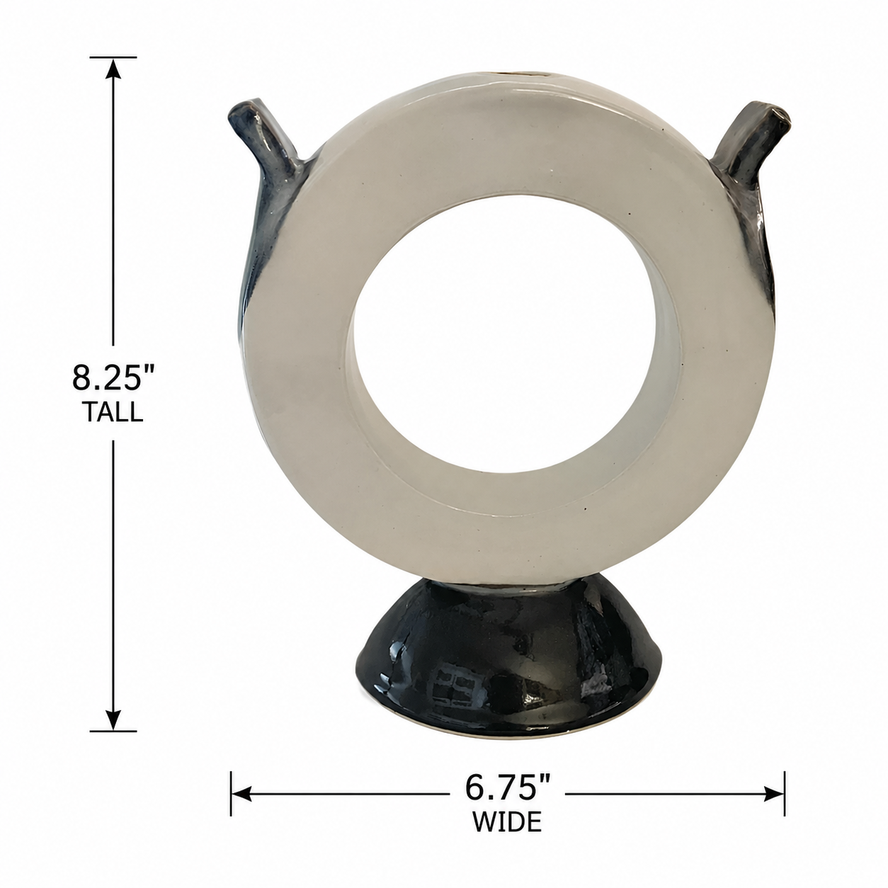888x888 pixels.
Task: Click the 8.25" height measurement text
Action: pos(113,377)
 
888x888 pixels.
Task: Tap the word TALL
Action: pos(113,412)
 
